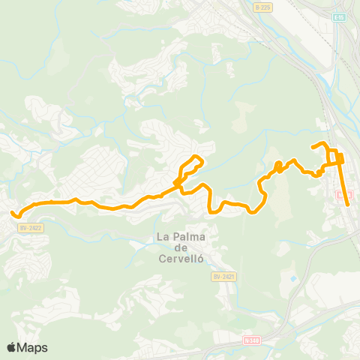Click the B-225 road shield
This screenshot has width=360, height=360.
[261, 7]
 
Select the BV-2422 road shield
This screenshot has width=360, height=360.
[30, 227]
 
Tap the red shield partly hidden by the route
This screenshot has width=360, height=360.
[343, 195]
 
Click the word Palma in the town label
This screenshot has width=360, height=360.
[185, 237]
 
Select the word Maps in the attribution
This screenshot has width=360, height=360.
[33, 347]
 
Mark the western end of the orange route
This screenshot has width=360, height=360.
[13, 214]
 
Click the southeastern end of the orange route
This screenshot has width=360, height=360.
[347, 203]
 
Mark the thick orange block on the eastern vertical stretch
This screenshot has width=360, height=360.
[340, 158]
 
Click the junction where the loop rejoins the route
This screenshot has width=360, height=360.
[178, 182]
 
